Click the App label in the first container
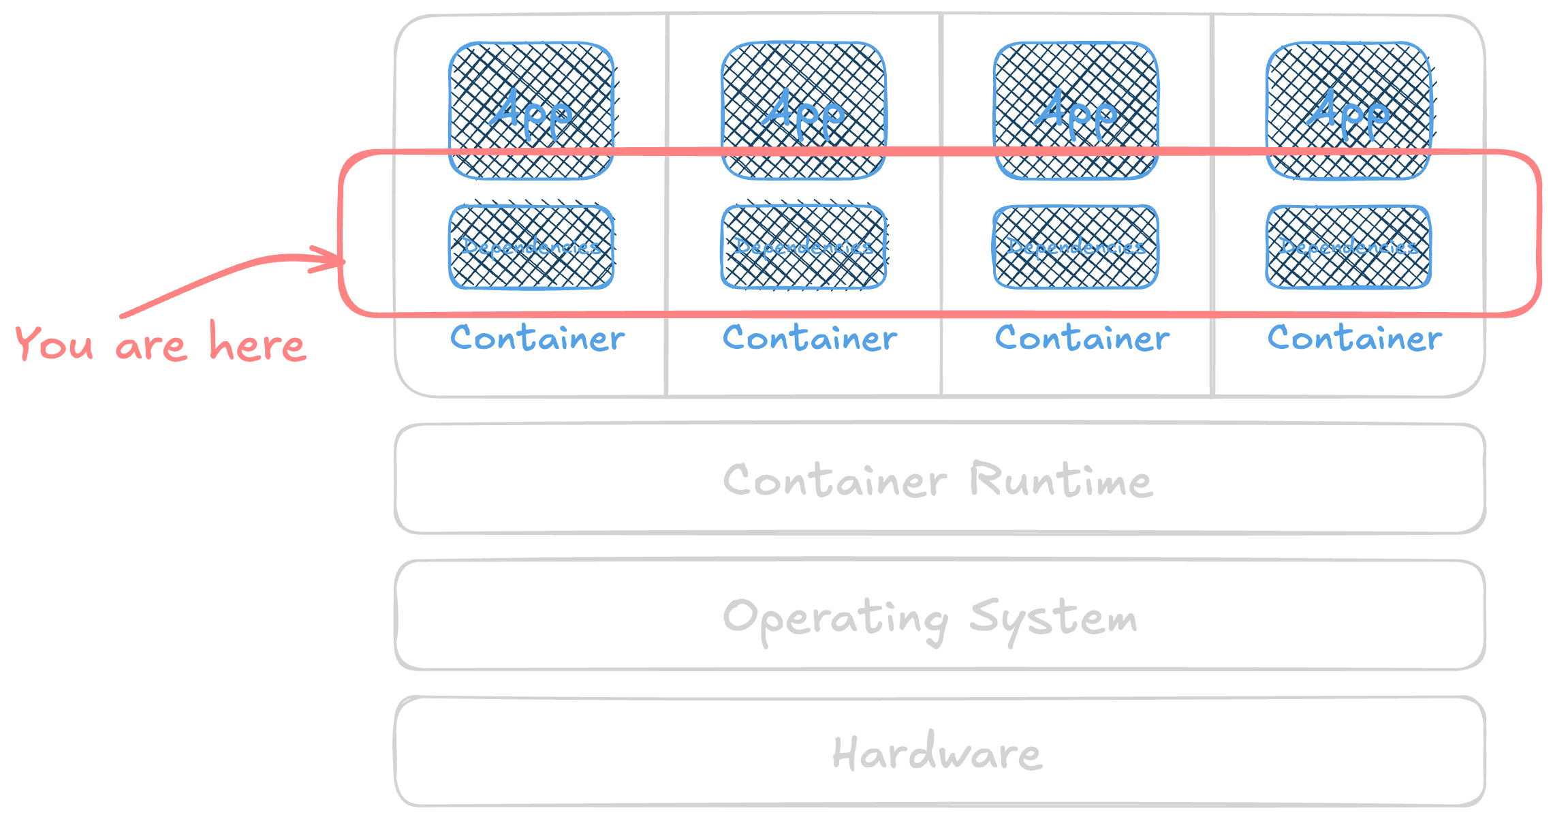click(531, 112)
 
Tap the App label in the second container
click(803, 112)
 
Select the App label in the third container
click(1076, 112)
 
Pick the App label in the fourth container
click(1348, 112)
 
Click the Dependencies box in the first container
click(531, 247)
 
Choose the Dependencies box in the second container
click(804, 247)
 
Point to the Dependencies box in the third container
click(1076, 247)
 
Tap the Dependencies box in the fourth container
click(1349, 247)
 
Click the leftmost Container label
click(537, 339)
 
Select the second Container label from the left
click(810, 339)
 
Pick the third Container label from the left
click(1082, 339)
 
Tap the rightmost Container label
click(1355, 339)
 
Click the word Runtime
click(1061, 480)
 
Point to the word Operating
click(835, 619)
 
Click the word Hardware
click(937, 753)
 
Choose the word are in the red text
click(151, 346)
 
